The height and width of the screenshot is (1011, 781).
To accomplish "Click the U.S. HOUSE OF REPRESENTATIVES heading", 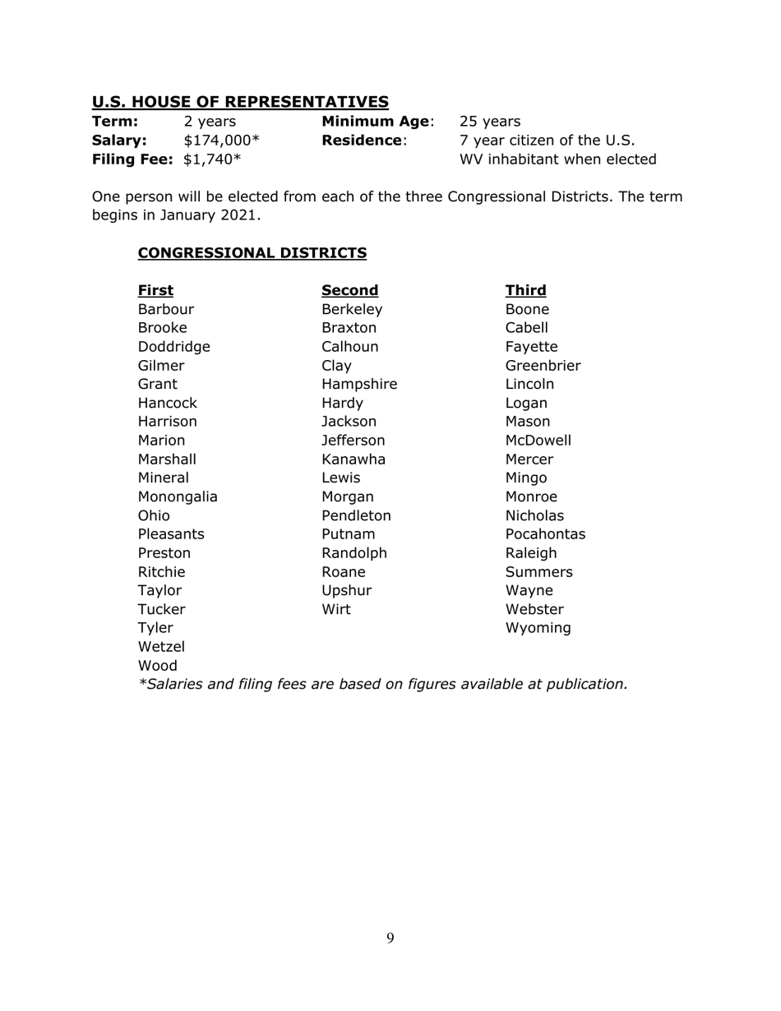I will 240,102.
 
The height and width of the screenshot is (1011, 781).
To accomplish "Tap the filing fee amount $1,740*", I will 212,159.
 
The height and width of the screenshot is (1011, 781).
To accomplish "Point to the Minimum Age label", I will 377,122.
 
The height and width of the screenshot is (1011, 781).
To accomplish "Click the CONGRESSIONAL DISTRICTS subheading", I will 252,253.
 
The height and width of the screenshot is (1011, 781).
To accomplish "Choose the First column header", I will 155,290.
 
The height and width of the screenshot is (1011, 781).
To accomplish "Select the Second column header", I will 349,290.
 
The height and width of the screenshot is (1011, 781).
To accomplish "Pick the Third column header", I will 525,290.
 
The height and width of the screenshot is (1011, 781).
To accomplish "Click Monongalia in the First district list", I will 178,497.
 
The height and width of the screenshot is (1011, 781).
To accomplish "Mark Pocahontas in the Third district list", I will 545,534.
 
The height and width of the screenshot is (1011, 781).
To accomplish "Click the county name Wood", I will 158,666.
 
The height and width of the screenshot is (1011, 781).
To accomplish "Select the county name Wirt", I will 335,610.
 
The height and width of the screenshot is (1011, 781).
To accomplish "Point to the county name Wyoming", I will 538,629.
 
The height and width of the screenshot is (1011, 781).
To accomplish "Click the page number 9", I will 390,939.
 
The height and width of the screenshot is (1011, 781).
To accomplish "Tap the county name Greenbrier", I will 543,366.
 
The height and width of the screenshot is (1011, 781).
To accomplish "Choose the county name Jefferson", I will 353,441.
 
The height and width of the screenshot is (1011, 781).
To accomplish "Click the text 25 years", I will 490,122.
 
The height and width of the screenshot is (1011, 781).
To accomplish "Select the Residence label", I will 363,141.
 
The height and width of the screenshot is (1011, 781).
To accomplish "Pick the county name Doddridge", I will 173,347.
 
